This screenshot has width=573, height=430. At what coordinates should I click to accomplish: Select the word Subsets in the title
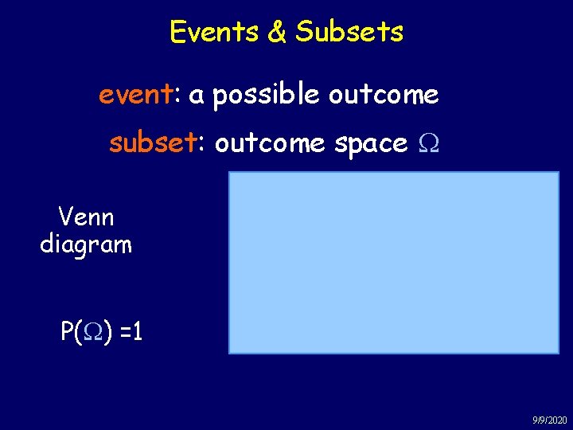point(349,32)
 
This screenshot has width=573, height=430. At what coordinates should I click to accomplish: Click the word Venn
point(86,217)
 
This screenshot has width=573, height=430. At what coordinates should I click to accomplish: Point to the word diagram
point(86,244)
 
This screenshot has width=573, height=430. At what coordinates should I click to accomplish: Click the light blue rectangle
point(394,263)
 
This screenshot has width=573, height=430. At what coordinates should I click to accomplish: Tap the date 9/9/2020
point(548,420)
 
